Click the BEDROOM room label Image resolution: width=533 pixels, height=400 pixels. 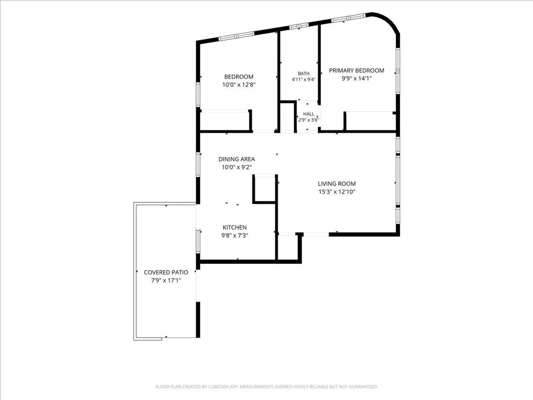point(239,77)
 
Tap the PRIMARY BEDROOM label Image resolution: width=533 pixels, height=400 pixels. point(356,70)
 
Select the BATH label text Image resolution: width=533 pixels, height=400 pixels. point(304,73)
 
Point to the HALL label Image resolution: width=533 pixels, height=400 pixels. point(308,114)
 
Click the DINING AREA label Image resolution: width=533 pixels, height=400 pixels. point(237,159)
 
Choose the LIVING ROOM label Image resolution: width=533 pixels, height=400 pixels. point(337,184)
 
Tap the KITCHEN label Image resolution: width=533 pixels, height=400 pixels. point(235,227)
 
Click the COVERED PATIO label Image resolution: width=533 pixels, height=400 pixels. point(166,272)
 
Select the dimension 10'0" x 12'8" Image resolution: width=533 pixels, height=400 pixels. point(239,85)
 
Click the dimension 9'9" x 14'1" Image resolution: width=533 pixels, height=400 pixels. point(357,79)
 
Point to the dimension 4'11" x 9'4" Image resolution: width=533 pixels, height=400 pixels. point(304,79)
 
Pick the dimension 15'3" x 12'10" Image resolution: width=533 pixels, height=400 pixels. point(337,191)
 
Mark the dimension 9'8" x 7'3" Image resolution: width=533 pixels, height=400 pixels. point(235,235)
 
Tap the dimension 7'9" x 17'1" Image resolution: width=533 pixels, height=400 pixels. point(166,280)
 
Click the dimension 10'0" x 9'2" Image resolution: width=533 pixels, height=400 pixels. point(237,167)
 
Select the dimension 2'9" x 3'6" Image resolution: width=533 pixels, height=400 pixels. point(308,120)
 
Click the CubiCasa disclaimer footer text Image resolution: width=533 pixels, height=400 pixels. point(266,387)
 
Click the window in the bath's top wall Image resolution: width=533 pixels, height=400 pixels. point(299,26)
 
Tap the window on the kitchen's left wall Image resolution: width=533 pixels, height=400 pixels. point(198,241)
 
